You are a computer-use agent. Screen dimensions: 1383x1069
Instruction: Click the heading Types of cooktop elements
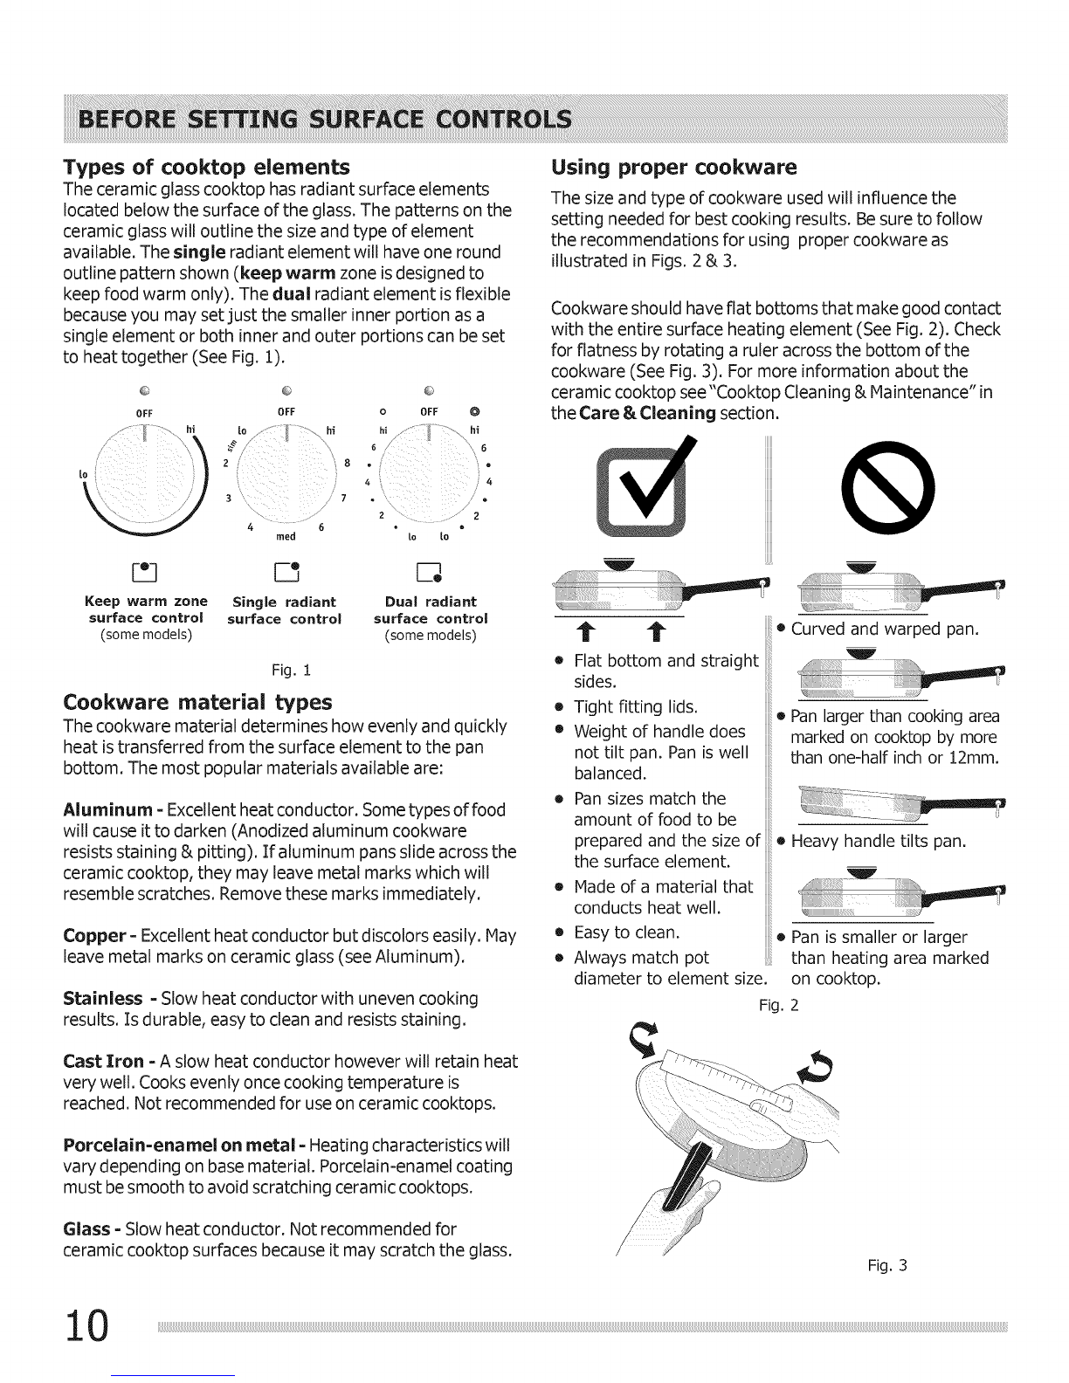207,167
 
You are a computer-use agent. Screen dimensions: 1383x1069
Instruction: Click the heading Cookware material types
198,702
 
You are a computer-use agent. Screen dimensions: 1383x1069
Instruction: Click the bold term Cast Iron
104,1062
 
